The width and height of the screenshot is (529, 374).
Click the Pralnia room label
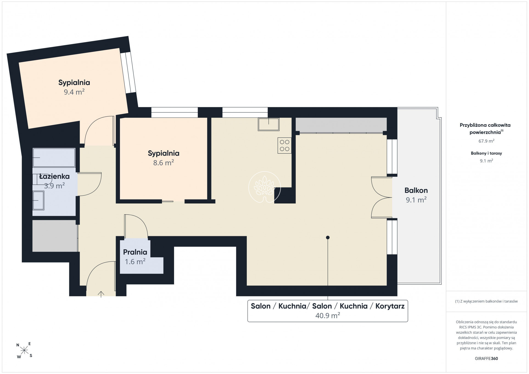pos(135,252)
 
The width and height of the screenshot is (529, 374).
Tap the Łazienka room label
pos(54,176)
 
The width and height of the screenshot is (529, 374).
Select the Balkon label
pos(416,190)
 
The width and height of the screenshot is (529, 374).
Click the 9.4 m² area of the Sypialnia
pos(74,92)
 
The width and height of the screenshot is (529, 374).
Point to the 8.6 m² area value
pos(164,163)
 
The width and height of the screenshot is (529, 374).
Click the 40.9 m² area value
pos(328,315)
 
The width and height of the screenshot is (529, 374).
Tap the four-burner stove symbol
pos(284,145)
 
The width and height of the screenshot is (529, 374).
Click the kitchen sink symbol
pos(268,124)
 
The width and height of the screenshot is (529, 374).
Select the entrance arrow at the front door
pos(101,294)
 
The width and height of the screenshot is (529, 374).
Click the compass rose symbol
pos(24,350)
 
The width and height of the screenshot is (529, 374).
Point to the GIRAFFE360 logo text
pos(486,358)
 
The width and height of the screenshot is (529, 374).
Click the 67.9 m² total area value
pos(486,141)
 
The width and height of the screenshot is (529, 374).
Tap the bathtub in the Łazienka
pos(54,158)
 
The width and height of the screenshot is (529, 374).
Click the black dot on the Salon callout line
pos(328,237)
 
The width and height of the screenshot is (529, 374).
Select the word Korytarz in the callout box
pos(390,306)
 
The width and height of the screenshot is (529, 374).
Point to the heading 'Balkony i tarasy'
pos(486,153)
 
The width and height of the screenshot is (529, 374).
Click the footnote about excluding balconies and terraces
pos(486,301)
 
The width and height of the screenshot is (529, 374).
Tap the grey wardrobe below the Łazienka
pos(55,236)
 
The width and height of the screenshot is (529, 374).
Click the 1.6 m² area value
pos(135,262)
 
